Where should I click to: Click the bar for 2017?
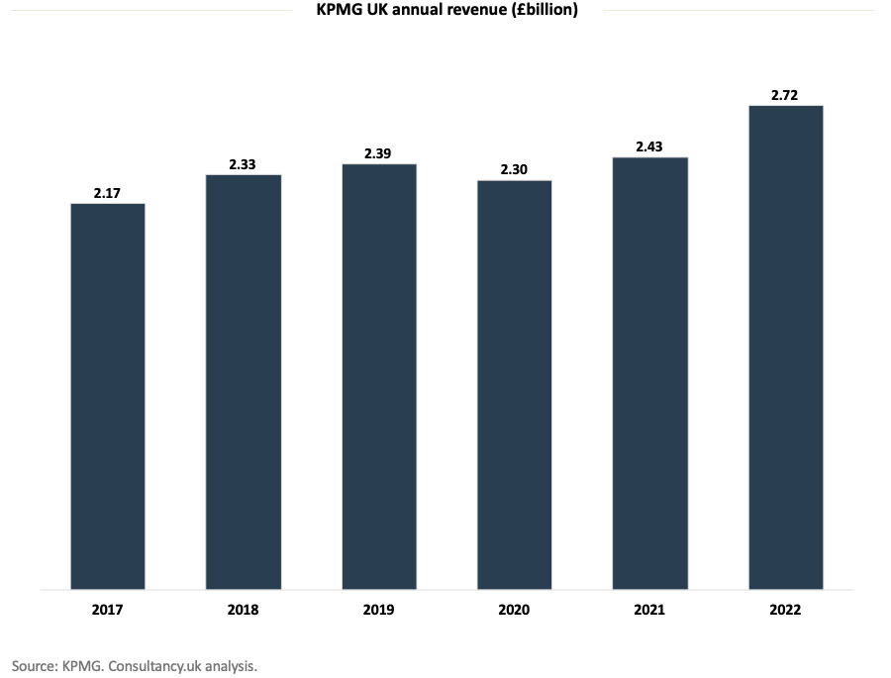[x=108, y=396]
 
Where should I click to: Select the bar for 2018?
[x=244, y=382]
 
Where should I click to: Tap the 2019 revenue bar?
[x=379, y=376]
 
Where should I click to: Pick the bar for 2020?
[x=515, y=385]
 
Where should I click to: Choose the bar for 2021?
[x=650, y=373]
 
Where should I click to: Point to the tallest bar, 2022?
[x=786, y=347]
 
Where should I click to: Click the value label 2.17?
[x=108, y=193]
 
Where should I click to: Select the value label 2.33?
[x=244, y=164]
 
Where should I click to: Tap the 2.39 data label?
[x=379, y=153]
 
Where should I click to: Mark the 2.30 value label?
[x=515, y=170]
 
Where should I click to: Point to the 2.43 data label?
[x=650, y=146]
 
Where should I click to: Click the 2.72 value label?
[x=786, y=95]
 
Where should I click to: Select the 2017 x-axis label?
[x=108, y=610]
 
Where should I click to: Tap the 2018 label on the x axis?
[x=244, y=610]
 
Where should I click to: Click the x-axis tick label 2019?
[x=379, y=610]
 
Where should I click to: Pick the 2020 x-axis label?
[x=515, y=610]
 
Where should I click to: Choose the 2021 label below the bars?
[x=650, y=610]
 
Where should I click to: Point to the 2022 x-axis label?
[x=786, y=610]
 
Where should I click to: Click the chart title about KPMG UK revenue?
[x=445, y=10]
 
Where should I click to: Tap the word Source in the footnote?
[x=34, y=666]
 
